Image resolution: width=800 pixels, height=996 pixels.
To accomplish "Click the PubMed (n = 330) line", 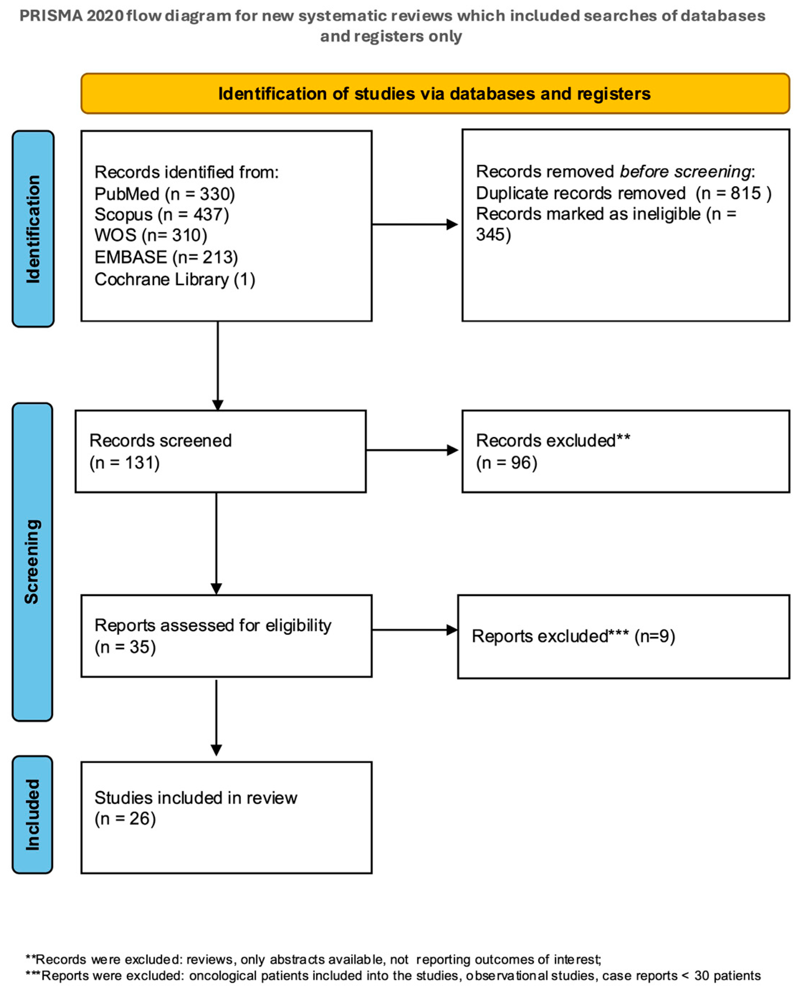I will click(164, 194).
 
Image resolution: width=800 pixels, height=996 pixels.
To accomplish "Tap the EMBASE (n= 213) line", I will click(166, 257).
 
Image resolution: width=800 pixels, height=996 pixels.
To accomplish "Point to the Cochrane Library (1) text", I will click(175, 280).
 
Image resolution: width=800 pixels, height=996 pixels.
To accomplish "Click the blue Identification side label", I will click(33, 229).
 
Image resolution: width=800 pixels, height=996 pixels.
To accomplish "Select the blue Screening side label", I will click(32, 561).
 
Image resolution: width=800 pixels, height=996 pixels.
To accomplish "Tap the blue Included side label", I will click(32, 815).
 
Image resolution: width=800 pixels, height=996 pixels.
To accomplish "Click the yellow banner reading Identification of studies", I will click(435, 94).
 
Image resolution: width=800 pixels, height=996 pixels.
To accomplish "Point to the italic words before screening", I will click(685, 171).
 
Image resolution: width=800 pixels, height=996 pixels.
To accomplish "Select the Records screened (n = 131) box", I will click(220, 451).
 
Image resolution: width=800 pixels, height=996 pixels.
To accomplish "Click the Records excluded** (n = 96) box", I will click(625, 451).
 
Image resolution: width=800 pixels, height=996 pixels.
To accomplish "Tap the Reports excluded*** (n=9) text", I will click(573, 637).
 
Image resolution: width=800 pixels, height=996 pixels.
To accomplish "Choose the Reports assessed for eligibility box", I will click(226, 636).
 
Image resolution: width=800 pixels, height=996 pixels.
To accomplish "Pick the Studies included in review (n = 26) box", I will click(226, 818).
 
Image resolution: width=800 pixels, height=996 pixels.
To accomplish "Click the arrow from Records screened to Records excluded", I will click(412, 450).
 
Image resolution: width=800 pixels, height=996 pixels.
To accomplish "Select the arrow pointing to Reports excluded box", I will click(414, 630).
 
